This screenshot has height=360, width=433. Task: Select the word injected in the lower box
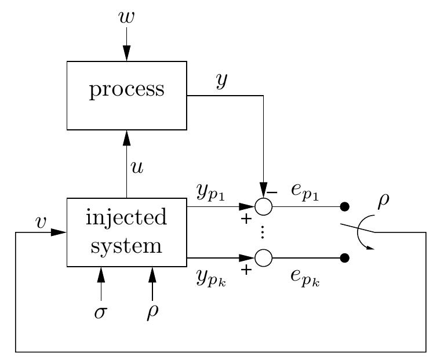pos(126,218)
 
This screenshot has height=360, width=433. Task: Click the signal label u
pos(137,168)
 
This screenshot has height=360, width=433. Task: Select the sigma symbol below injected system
pos(101,312)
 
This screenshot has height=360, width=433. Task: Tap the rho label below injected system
pos(152,312)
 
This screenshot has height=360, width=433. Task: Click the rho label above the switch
pos(383,201)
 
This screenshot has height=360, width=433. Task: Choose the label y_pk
pos(209,279)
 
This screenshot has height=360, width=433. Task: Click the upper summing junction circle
pos(264,206)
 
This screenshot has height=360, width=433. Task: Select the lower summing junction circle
pos(264,257)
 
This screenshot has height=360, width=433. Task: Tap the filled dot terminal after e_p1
pos(345,206)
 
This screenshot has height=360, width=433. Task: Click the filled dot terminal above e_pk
pos(345,257)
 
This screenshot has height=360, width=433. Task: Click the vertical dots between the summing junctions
pos(263,232)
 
